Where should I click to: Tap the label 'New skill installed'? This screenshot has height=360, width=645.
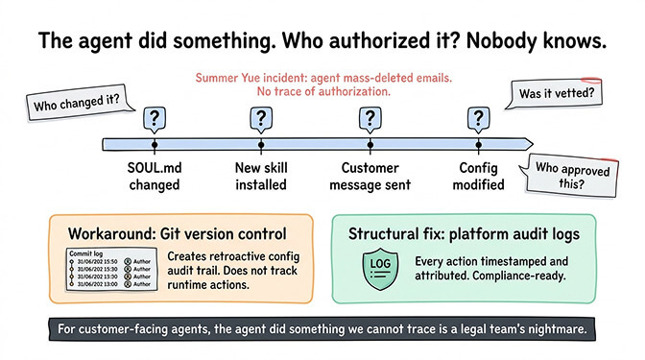[x=260, y=176]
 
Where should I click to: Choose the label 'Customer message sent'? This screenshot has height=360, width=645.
[x=368, y=176]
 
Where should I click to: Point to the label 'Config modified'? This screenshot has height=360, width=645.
[x=476, y=176]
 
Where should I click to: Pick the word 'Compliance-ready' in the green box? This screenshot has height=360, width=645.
[x=524, y=278]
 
